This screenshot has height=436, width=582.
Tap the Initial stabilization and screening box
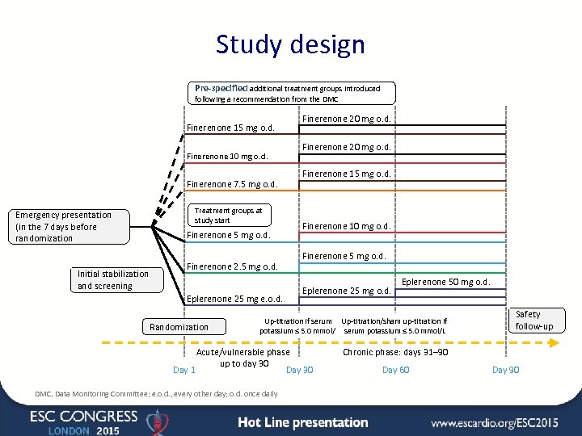coord(119,280)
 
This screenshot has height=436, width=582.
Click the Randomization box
coord(179,327)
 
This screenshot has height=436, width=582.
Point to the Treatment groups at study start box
coord(229,216)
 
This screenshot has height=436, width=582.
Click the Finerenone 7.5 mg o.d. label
coord(232,184)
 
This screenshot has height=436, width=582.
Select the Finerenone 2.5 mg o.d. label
coord(232,266)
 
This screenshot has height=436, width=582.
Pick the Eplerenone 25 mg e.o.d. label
coord(234,299)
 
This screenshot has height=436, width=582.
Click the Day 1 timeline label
coord(184,370)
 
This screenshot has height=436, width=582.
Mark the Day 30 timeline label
coord(300,370)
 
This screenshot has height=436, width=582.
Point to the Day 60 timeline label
coord(395,370)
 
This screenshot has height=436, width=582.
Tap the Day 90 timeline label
coord(505,370)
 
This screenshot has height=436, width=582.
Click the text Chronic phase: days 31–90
coord(395,352)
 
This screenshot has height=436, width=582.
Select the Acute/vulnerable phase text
coord(243,352)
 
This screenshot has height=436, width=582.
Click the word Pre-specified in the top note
coord(221,88)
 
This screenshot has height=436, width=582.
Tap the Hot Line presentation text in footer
coord(303,422)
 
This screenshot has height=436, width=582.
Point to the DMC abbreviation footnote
coord(156,394)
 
